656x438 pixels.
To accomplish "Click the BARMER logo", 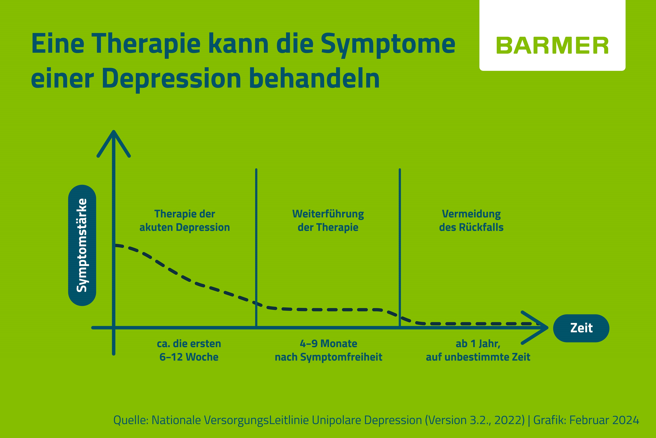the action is pos(552,46).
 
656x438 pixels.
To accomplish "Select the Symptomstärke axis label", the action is pos(82,245).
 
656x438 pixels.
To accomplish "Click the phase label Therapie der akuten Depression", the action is pos(185,221).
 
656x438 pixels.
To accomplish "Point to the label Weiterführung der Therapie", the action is pos(328,221).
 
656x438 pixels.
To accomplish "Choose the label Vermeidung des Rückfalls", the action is pos(471,221).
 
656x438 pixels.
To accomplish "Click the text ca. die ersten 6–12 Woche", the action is pos(189,350).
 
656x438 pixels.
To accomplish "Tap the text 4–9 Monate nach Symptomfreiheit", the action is pos(328,350).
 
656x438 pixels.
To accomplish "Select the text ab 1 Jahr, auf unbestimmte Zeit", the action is pos(478,350).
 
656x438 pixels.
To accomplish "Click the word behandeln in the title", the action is pos(314,78).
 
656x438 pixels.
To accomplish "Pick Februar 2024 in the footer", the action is pos(604,420).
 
